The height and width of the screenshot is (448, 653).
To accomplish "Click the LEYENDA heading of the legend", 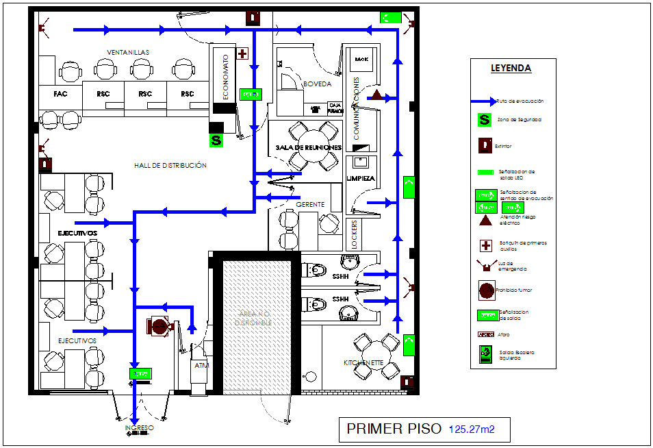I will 511,68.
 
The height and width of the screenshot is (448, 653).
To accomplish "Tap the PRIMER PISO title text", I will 394,430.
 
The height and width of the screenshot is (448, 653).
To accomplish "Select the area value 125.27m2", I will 471,430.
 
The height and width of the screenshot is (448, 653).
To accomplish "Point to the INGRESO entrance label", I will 139,428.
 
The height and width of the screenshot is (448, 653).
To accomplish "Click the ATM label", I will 201,366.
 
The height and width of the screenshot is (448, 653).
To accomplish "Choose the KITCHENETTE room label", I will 362,362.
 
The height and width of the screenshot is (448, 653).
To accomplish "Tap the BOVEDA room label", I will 317,84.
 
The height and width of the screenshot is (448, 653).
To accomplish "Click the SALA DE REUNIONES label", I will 308,147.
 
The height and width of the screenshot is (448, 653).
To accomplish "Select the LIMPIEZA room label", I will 361,178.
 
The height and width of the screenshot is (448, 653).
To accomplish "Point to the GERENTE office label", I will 310,205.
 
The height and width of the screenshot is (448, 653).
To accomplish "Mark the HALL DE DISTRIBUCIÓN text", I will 170,165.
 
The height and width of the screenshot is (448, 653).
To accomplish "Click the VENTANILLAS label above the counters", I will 127,52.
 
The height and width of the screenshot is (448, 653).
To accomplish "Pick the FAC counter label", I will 60,94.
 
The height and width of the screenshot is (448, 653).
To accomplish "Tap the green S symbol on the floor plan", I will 216,140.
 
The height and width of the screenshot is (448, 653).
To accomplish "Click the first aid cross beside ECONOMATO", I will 242,53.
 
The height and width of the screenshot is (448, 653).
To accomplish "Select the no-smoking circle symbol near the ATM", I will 159,326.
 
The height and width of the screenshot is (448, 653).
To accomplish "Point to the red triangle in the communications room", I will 376,94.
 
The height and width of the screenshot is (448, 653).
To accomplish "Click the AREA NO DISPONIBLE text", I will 254,316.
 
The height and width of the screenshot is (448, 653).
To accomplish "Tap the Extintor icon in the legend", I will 485,145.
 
